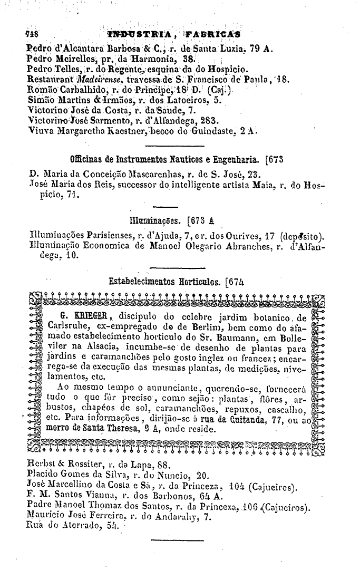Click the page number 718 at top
(33, 35)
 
